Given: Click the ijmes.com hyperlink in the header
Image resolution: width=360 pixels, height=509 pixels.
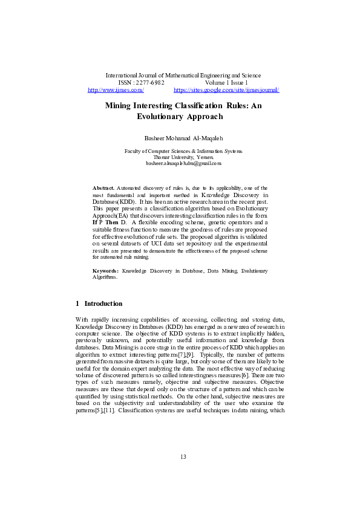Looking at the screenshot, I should (x=116, y=89).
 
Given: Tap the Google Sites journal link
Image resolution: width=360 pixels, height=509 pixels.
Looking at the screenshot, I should (x=226, y=89).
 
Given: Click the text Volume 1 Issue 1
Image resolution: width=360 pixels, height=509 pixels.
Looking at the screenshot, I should (x=226, y=82).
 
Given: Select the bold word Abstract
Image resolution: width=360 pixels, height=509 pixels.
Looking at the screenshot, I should (x=103, y=189).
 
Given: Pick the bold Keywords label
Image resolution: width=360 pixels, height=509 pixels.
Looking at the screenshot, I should (x=105, y=270).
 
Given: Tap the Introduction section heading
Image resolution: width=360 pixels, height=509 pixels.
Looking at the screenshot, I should (x=103, y=303).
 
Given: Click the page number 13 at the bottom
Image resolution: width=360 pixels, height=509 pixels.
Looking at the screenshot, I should (x=183, y=473).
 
